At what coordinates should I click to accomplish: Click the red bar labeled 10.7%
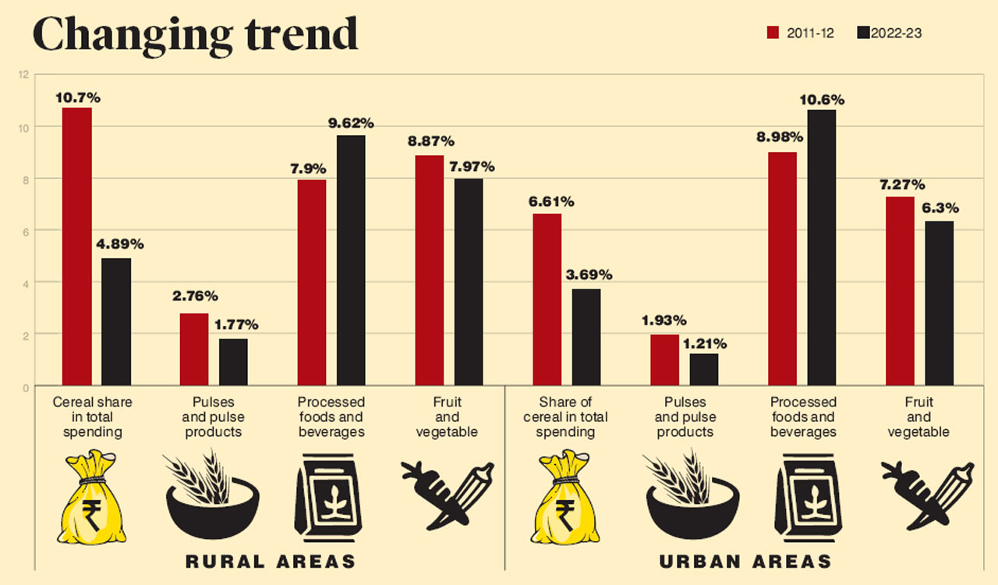[77, 246]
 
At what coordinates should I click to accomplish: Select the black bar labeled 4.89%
[116, 321]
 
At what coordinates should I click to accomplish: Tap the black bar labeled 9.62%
[351, 260]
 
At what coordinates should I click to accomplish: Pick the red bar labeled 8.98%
[782, 268]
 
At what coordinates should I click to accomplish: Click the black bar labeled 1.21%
[704, 369]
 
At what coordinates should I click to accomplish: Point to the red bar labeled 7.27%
[900, 290]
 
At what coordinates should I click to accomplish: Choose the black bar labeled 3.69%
[586, 337]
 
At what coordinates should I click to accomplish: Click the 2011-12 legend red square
[773, 33]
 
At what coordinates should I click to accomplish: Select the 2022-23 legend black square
[862, 33]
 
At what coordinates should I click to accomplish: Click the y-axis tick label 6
[25, 231]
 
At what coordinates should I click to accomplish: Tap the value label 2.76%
[194, 296]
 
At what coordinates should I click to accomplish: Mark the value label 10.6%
[822, 100]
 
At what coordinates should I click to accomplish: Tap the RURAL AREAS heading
[271, 561]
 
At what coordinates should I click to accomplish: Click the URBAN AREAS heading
[745, 561]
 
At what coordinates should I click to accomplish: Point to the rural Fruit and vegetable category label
[447, 417]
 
